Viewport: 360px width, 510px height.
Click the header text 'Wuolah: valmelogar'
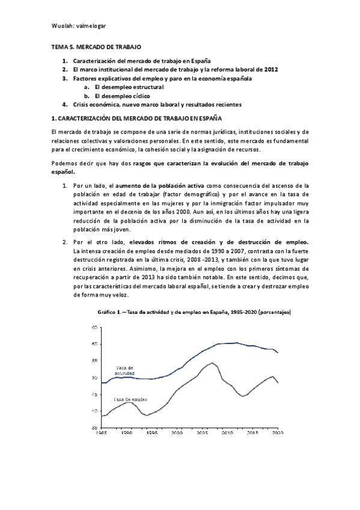[x=78, y=26]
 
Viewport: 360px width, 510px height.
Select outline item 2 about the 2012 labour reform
[x=175, y=69]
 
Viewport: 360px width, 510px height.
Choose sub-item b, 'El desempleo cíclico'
[x=118, y=96]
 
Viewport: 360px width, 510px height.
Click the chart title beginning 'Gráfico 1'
[x=194, y=313]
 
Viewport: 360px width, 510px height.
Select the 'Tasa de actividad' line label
[x=125, y=370]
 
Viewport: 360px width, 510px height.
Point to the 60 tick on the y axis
[x=95, y=344]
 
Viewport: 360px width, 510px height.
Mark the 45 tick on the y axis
[x=95, y=394]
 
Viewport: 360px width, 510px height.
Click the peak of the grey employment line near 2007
[x=211, y=363]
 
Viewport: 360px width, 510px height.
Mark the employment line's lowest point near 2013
[x=243, y=396]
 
